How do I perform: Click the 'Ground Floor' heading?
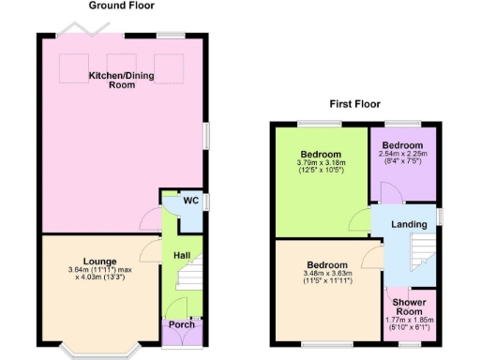(121, 6)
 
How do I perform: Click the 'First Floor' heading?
(354, 104)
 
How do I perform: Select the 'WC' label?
(190, 201)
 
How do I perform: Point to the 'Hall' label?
(182, 254)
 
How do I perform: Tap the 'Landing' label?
(409, 224)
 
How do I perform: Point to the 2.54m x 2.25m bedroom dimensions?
(402, 158)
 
